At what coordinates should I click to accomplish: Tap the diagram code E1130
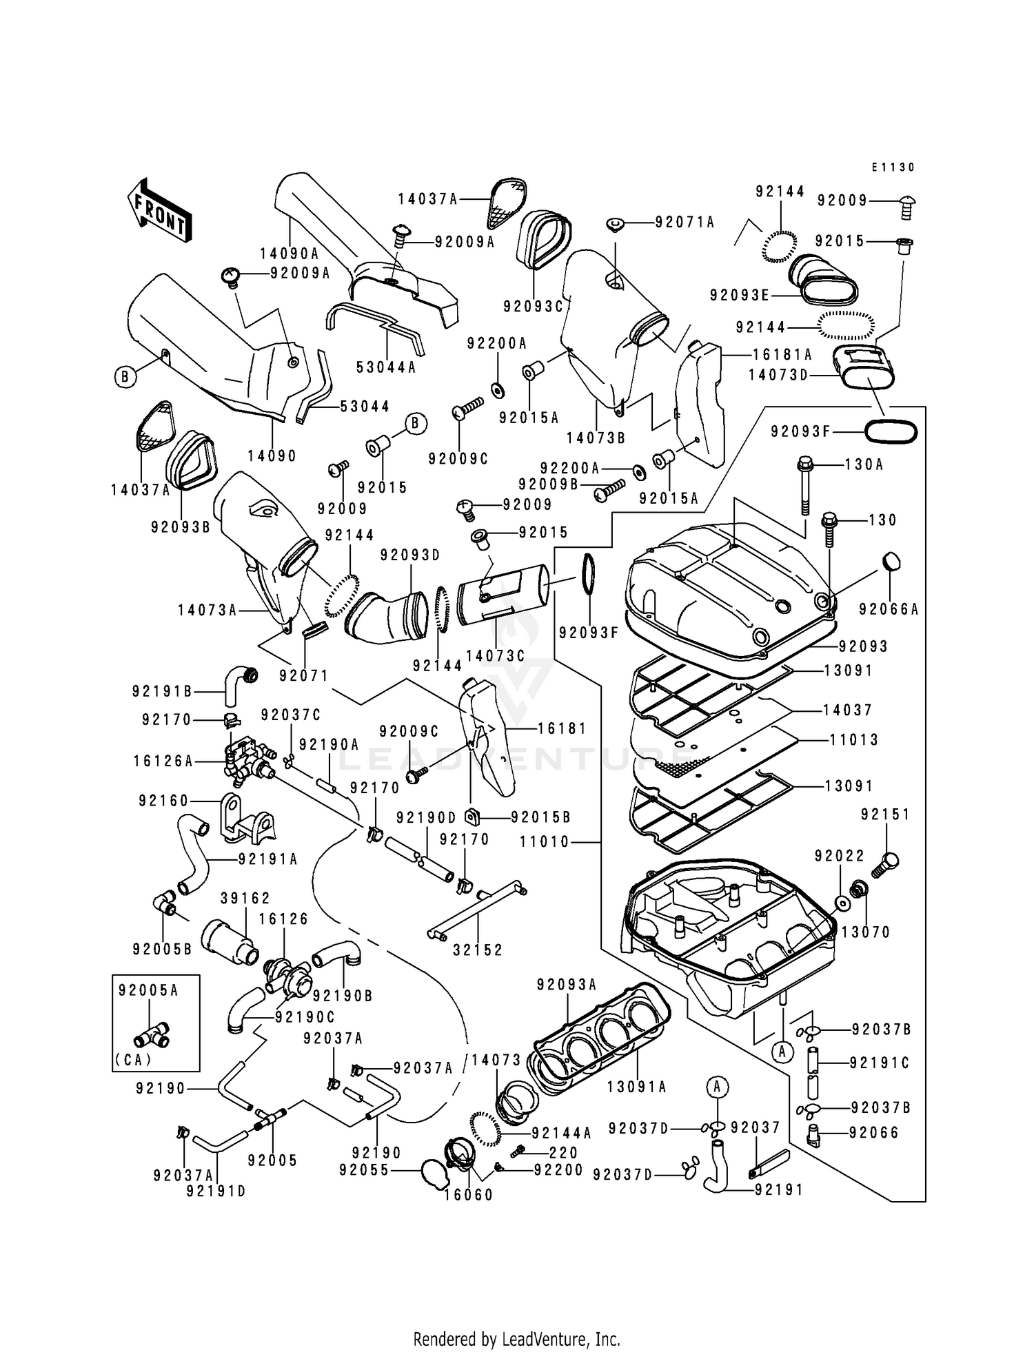893,167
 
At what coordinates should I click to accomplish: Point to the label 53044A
386,367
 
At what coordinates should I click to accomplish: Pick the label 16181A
782,354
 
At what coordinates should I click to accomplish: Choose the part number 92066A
889,609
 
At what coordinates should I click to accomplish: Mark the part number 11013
854,740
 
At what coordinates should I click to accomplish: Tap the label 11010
545,841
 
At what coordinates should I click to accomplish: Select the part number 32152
478,950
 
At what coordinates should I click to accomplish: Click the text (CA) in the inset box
134,1060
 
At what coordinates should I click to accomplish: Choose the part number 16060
469,1195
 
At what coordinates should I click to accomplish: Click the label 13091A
636,1087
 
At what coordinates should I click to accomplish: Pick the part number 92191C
880,1063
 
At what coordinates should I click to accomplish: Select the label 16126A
163,761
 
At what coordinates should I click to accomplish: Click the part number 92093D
409,555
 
